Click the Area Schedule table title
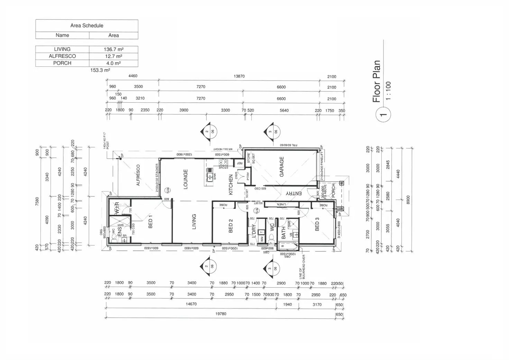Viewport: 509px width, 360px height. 87,26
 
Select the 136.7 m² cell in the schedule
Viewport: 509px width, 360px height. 113,49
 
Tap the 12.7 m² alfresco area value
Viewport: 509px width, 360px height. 113,56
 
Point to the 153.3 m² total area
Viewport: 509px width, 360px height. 100,70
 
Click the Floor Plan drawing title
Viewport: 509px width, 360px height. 376,82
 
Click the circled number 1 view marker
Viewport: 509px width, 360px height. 383,114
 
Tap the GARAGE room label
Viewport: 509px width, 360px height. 281,167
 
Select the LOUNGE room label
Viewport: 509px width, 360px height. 185,179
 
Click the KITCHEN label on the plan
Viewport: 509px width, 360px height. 231,185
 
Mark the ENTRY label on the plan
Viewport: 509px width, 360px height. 294,193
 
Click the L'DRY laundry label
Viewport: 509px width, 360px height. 253,231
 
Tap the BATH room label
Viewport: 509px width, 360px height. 284,233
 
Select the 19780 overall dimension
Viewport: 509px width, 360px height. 221,314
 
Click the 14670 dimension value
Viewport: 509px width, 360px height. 191,304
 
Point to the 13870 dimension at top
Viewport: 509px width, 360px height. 239,76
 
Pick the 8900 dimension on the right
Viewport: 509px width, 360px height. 408,200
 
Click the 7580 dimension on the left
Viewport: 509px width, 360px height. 37,202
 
